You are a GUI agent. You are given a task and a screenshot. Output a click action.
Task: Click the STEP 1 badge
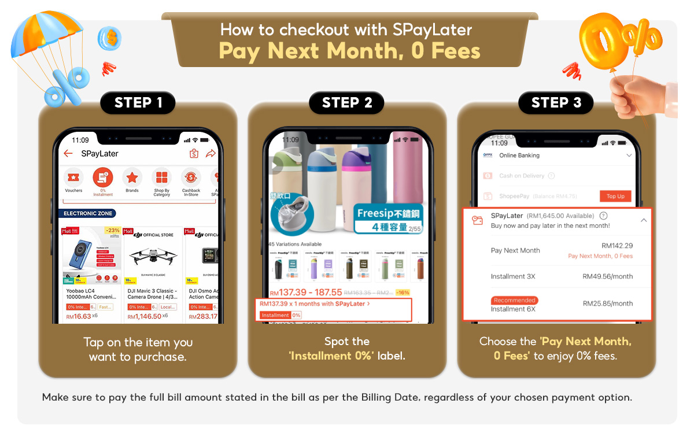138,103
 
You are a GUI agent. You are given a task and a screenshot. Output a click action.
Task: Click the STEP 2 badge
347,103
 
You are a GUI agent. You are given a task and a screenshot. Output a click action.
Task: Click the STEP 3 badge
556,103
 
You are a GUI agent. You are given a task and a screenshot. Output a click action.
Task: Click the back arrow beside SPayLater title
68,154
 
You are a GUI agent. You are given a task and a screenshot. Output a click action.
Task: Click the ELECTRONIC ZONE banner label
87,213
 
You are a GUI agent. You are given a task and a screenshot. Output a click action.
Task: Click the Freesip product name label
389,213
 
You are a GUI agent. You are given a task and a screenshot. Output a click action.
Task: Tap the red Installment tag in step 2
275,315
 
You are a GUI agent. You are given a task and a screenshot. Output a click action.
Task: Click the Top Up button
615,196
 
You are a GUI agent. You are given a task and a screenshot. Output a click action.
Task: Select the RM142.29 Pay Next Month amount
617,246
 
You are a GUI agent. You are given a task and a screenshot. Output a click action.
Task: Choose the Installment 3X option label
512,276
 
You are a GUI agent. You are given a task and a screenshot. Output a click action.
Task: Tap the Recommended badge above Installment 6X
514,300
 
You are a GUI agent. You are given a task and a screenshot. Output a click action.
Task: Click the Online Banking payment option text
519,156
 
